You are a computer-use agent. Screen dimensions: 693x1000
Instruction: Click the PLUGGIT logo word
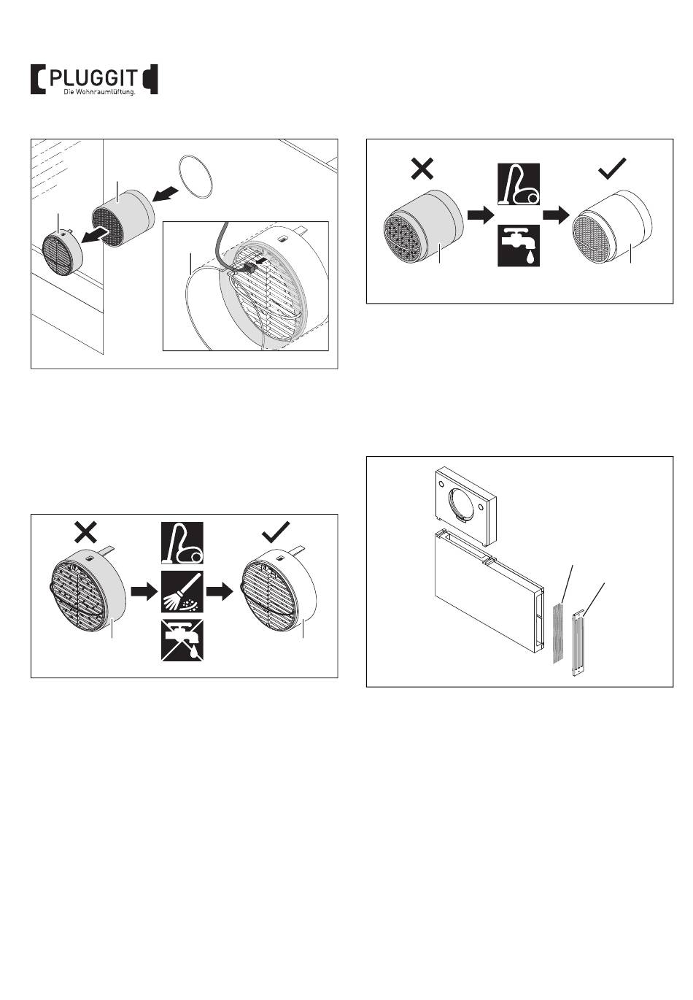[93, 76]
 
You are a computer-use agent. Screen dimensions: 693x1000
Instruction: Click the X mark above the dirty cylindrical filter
[423, 169]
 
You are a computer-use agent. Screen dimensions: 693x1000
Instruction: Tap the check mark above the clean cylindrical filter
[611, 170]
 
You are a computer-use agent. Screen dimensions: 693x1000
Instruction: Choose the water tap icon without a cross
[519, 246]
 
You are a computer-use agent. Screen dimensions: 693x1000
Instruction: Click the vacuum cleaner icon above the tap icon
[519, 185]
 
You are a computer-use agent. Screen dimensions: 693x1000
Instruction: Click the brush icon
[182, 593]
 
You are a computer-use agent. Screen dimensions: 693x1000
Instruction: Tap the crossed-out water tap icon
[182, 641]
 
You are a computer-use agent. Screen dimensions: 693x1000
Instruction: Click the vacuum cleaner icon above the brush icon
[182, 543]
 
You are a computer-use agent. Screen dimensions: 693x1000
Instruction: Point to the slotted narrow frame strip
[580, 643]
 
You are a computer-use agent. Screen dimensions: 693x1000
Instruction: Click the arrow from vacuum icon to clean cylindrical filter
[558, 215]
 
